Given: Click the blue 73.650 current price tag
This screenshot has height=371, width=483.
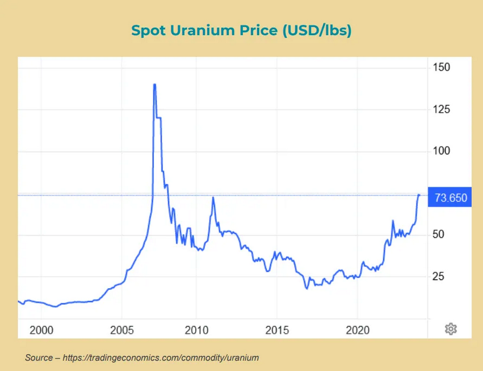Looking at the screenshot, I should click(450, 198).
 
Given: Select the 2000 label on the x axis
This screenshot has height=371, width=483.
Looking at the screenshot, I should click(41, 330).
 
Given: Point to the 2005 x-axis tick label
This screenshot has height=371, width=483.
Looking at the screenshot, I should click(121, 330).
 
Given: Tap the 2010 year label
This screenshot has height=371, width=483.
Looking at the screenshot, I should click(196, 330).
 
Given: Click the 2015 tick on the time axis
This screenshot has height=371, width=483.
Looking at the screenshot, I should click(276, 330).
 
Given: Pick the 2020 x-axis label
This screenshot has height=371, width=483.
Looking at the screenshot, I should click(357, 330).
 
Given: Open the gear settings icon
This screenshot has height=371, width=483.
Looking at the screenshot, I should click(451, 329).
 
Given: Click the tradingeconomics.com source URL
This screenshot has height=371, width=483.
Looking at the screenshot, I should click(161, 358).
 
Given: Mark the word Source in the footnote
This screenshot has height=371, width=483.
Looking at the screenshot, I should click(38, 358).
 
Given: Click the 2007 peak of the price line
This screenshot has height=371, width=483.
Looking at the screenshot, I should click(155, 85).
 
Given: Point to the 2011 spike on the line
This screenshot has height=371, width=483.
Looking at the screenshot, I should click(213, 197).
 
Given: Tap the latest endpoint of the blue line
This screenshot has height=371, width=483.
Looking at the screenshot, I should click(419, 196).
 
